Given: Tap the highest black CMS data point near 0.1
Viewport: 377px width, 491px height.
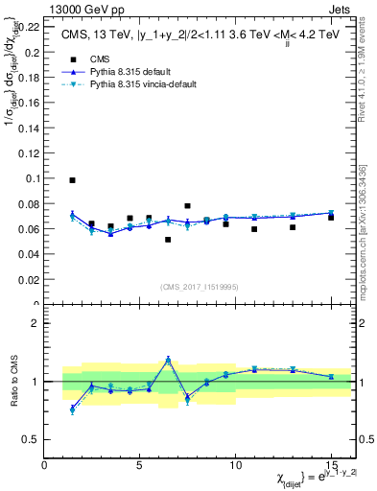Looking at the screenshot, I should point(72,180).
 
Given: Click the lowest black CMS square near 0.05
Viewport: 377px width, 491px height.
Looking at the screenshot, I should point(168,240).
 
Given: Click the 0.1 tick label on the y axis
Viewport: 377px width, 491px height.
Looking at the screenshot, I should point(32,178).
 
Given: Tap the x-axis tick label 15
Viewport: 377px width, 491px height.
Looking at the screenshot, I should point(330,464).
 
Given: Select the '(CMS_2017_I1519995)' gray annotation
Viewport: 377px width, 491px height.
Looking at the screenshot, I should point(199,286).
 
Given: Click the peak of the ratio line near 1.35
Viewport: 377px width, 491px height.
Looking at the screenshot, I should point(168,360).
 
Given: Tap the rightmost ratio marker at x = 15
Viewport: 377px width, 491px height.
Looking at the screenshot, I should point(331,377).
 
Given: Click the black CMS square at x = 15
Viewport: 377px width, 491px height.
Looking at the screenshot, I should point(331,218).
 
